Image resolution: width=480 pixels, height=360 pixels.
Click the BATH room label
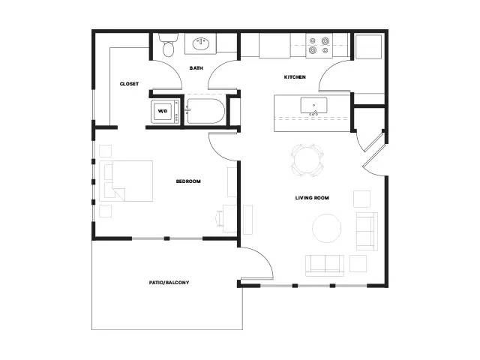pyautogui.click(x=196, y=68)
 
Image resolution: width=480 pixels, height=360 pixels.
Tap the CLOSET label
pyautogui.click(x=129, y=83)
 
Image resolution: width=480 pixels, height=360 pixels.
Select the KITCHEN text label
pyautogui.click(x=295, y=76)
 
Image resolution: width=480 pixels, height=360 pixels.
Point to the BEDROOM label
pyautogui.click(x=188, y=181)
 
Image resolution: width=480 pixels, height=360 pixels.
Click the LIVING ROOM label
pyautogui.click(x=312, y=198)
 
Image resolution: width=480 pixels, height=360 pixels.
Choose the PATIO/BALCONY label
pyautogui.click(x=169, y=283)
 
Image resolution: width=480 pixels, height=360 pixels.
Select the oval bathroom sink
pyautogui.click(x=201, y=43)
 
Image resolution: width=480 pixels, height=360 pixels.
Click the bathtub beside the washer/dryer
pyautogui.click(x=205, y=111)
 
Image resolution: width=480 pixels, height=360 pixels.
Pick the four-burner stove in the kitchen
pyautogui.click(x=319, y=45)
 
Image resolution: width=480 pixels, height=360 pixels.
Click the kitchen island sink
pyautogui.click(x=313, y=106)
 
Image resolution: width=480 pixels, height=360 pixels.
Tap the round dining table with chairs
pyautogui.click(x=307, y=160)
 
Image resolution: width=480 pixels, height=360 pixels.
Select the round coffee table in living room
pyautogui.click(x=327, y=228)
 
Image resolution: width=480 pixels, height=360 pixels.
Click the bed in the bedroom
pyautogui.click(x=126, y=181)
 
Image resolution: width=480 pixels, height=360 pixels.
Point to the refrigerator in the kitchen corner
pyautogui.click(x=369, y=46)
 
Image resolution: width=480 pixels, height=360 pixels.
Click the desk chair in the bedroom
pyautogui.click(x=220, y=218)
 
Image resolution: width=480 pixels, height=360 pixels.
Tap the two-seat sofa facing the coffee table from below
pyautogui.click(x=325, y=265)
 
